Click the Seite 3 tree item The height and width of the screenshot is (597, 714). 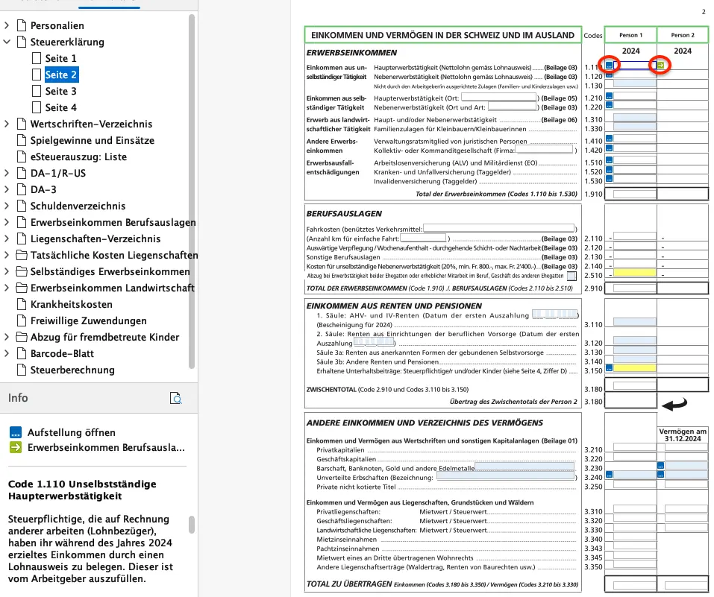[60, 91]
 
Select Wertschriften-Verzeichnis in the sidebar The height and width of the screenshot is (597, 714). [91, 124]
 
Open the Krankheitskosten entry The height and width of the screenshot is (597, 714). [71, 304]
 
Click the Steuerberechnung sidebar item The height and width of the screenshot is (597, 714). [72, 370]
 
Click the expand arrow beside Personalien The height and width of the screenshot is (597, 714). [7, 25]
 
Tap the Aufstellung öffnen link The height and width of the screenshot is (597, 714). [71, 432]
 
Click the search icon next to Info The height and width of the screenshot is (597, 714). [176, 398]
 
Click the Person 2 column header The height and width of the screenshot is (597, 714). [682, 35]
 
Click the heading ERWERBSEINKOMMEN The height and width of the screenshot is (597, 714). [351, 53]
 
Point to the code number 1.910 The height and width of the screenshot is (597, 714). [592, 194]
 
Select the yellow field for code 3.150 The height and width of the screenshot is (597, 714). [634, 368]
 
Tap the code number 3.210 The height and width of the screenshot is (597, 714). [592, 450]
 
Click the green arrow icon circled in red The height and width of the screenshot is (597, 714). [661, 66]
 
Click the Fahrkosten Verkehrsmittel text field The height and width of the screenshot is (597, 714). [499, 227]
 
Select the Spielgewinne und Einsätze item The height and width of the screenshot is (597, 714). [92, 140]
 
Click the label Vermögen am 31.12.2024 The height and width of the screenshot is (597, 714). [682, 435]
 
